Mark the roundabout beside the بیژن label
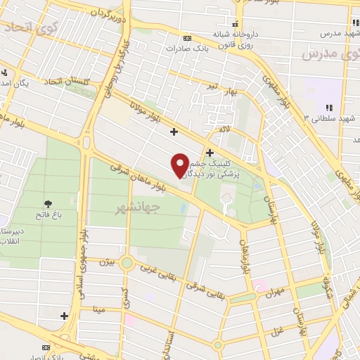[127, 264]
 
